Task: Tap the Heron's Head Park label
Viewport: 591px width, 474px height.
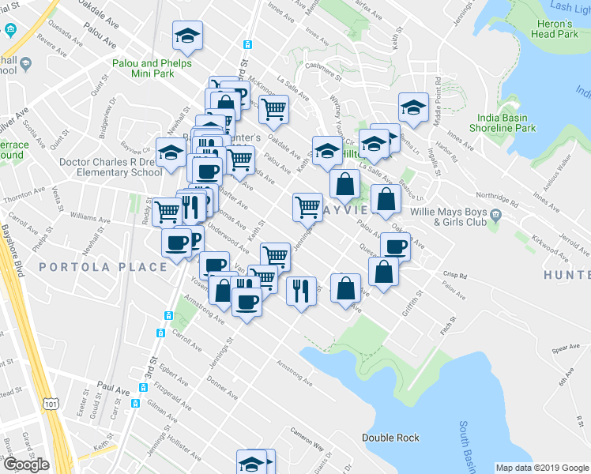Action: pyautogui.click(x=555, y=29)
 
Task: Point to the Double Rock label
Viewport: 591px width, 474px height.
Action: pyautogui.click(x=390, y=438)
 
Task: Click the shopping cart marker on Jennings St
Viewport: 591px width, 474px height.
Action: pyautogui.click(x=307, y=207)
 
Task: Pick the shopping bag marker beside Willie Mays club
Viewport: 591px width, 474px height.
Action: pyautogui.click(x=385, y=199)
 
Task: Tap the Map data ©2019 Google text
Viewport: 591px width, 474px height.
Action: pyautogui.click(x=541, y=468)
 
